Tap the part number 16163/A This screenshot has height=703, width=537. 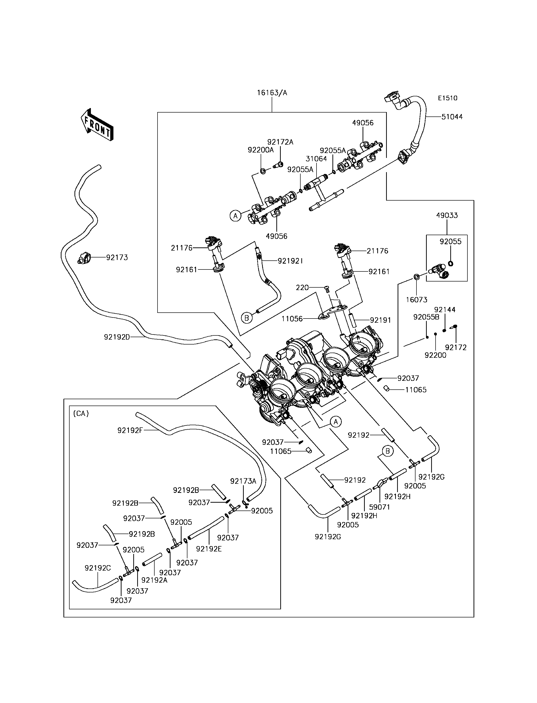(272, 93)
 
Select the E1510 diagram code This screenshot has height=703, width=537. (448, 98)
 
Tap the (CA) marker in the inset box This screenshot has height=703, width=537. (81, 413)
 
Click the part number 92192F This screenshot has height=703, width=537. (130, 430)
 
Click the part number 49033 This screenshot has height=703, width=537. (447, 215)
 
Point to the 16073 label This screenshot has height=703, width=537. (416, 300)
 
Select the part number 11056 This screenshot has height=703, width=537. (292, 319)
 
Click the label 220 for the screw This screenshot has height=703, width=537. (302, 288)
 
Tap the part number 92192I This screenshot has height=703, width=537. (290, 261)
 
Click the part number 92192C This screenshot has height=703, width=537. (98, 568)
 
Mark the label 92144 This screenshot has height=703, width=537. (445, 309)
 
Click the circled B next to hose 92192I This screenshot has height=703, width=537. (246, 318)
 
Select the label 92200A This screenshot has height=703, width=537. (260, 150)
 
